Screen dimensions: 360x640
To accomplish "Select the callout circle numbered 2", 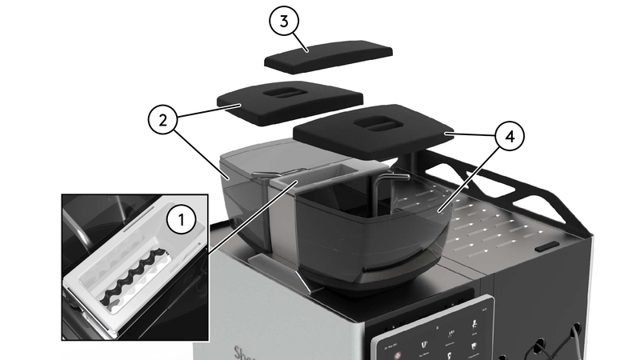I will (163, 121).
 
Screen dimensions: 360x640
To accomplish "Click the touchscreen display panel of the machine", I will (436, 336).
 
